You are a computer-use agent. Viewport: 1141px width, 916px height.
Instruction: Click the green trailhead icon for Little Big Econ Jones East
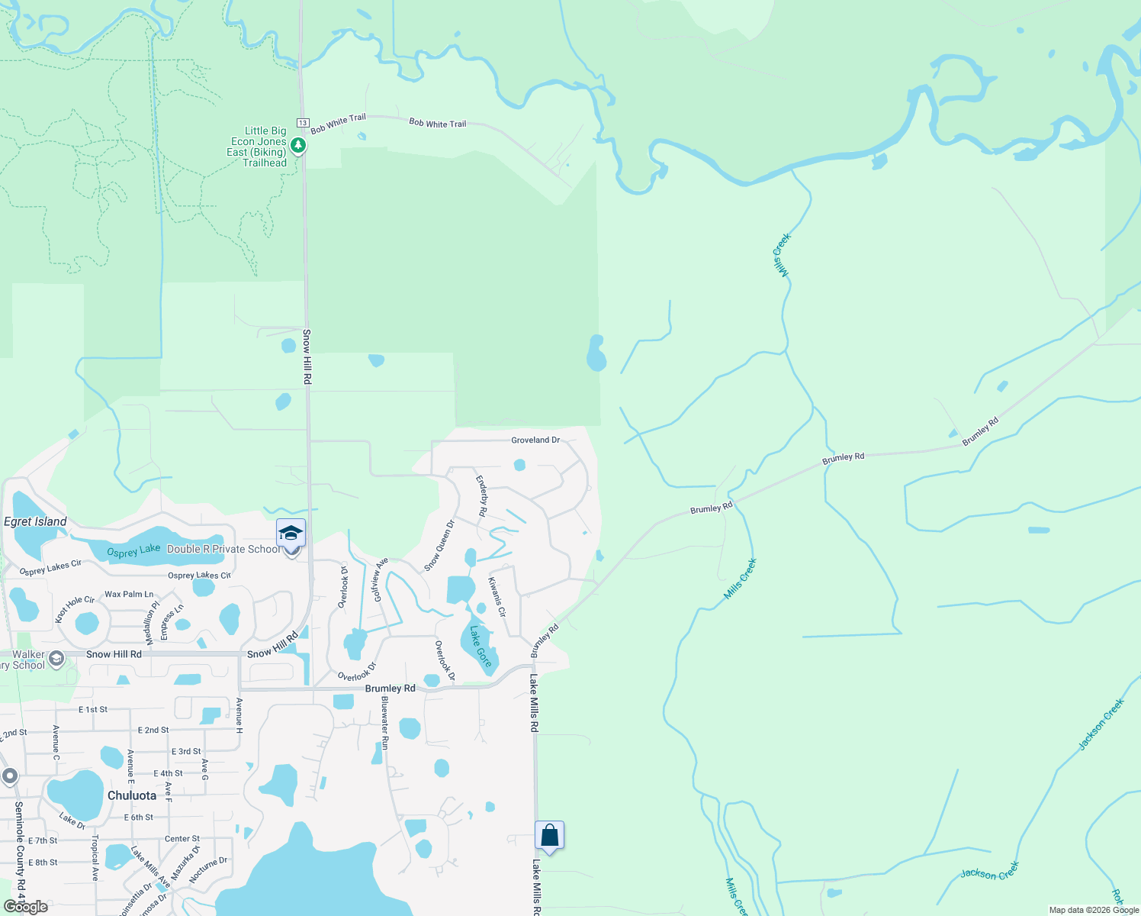pos(298,145)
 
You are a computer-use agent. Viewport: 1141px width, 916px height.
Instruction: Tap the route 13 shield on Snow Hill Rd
pos(303,123)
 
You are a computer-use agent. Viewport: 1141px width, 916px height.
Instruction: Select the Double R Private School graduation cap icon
pos(291,533)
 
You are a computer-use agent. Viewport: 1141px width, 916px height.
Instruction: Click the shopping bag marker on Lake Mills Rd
pos(549,836)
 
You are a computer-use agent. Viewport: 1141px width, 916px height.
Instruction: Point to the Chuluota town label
pos(132,795)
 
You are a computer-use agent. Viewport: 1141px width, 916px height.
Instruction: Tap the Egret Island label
pos(35,521)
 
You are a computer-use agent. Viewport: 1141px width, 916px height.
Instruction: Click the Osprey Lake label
pos(133,551)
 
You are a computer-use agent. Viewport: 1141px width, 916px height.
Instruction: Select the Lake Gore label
pos(481,646)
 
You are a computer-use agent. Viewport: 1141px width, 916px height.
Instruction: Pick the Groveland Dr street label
pos(535,440)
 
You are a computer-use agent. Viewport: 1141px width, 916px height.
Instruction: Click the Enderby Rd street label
pos(482,496)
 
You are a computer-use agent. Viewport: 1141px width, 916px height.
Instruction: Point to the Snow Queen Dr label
pos(439,545)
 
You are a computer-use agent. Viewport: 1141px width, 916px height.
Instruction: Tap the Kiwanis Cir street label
pos(497,597)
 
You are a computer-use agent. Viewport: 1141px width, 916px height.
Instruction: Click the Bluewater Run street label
pos(385,723)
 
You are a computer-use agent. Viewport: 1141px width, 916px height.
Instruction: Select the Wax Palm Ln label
pos(129,594)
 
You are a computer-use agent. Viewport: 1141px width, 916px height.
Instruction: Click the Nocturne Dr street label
pos(207,869)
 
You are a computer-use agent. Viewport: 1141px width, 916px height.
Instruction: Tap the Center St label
pos(182,838)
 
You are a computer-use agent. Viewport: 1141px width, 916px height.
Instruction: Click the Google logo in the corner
pos(26,907)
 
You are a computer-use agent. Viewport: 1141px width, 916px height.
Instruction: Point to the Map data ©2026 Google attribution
pos(1094,910)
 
